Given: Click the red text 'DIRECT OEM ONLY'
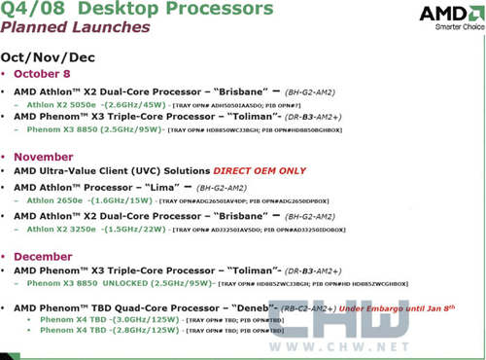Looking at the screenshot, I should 305,170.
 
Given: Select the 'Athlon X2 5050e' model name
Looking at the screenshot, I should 58,104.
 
